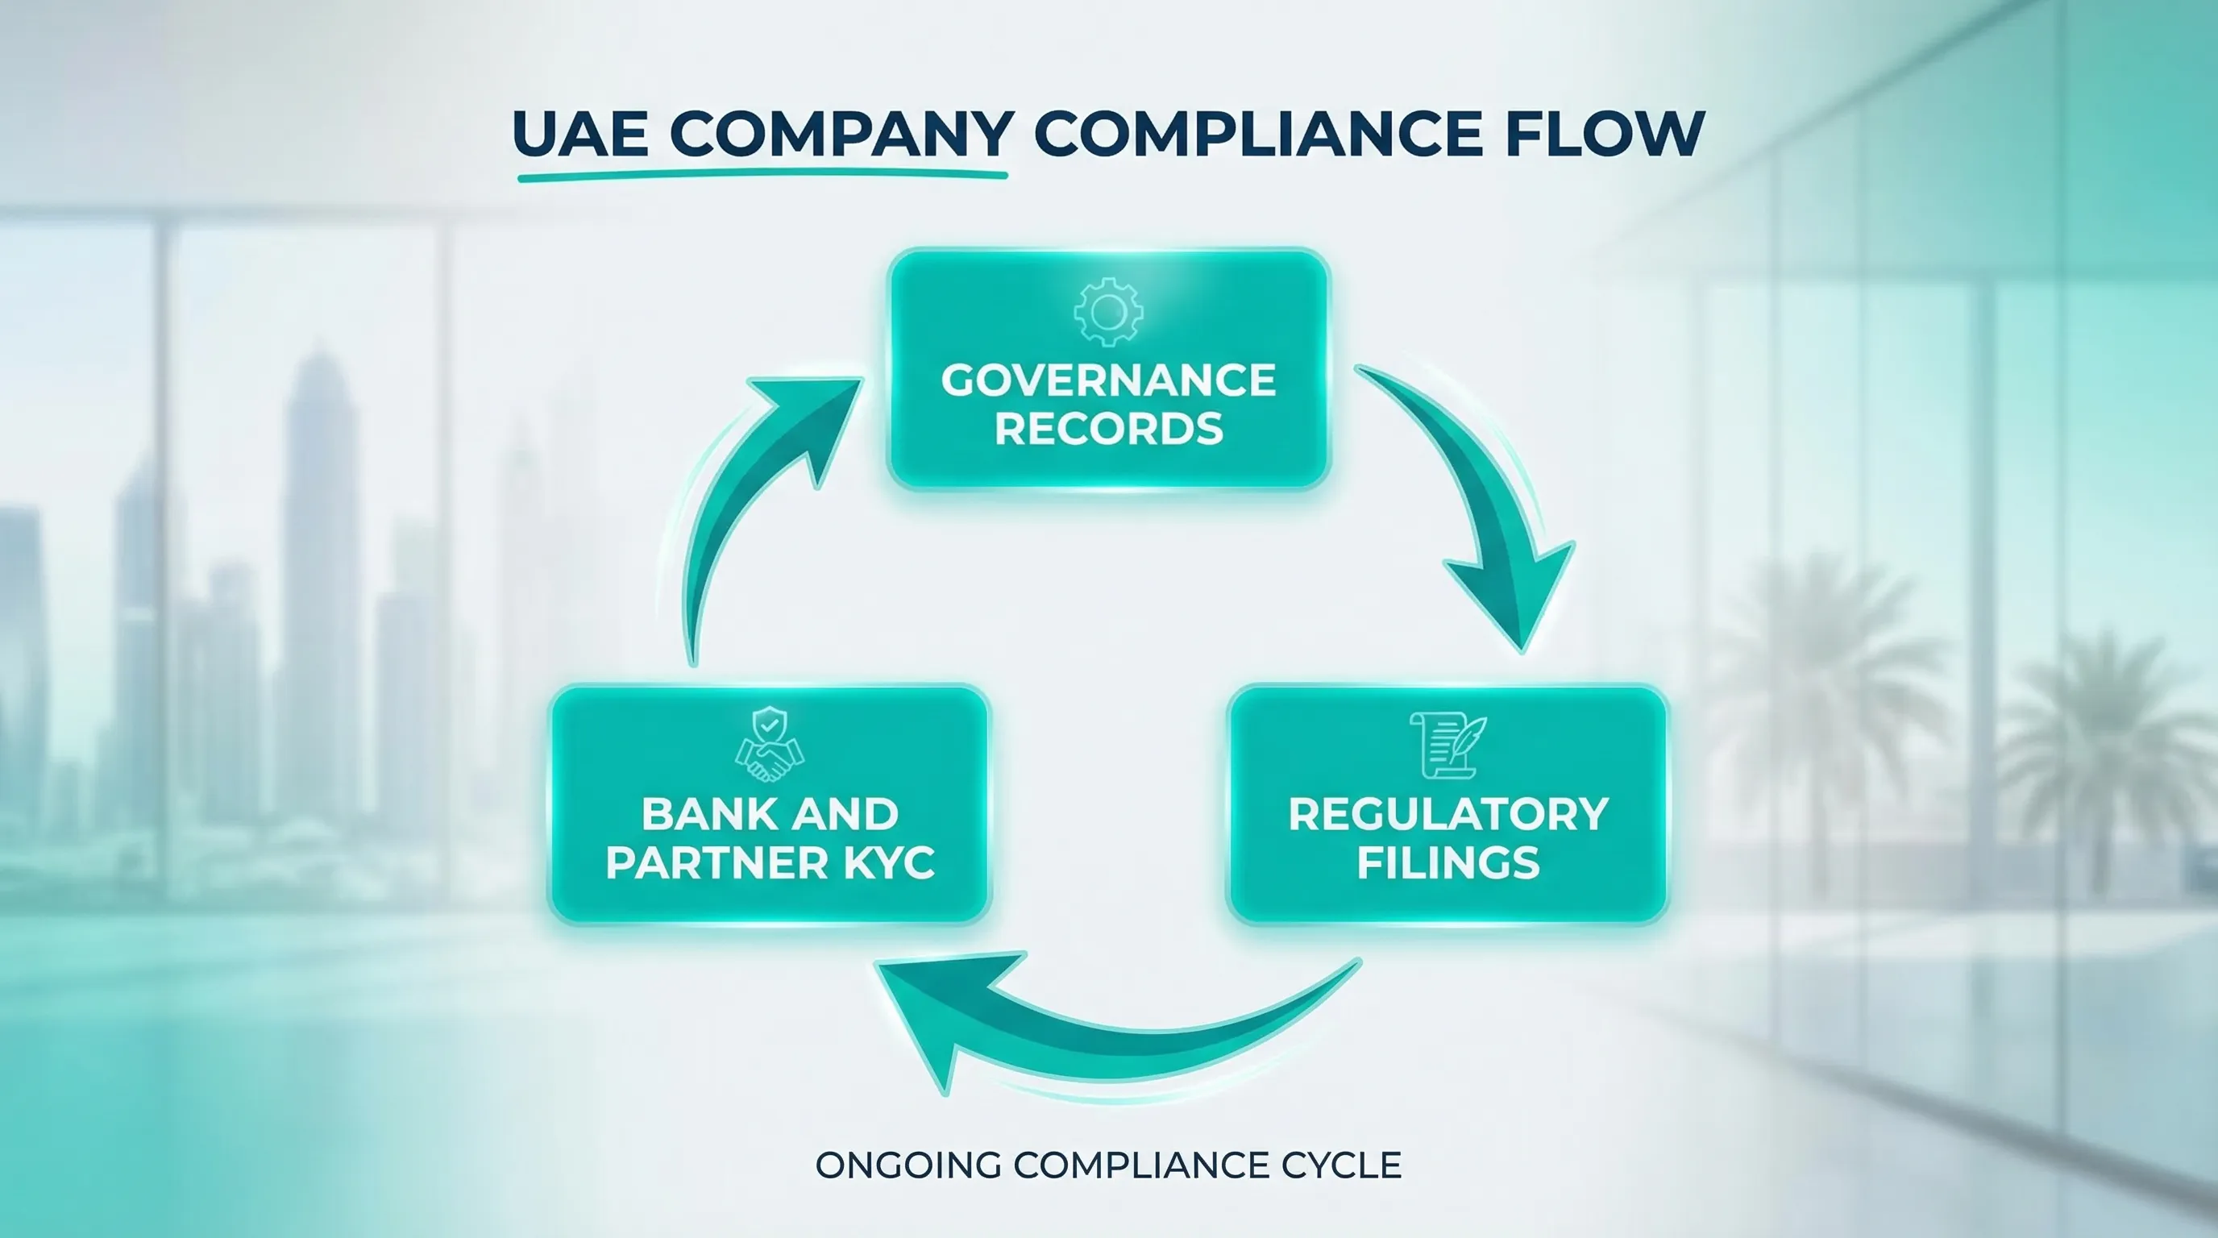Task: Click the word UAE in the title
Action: point(580,134)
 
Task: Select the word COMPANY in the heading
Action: point(841,135)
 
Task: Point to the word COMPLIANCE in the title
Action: point(1257,134)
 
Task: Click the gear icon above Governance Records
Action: point(1108,312)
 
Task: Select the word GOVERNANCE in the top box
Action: point(1108,380)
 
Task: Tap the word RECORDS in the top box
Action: point(1108,429)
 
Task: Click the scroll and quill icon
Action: point(1447,746)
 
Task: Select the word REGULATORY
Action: point(1448,814)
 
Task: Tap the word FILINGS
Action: point(1448,862)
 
